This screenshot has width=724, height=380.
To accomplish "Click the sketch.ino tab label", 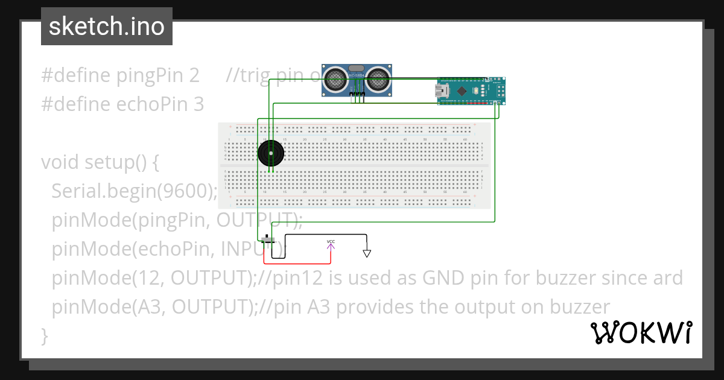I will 106,27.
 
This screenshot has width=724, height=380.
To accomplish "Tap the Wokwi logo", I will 641,332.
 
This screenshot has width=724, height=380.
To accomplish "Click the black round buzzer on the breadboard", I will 270,154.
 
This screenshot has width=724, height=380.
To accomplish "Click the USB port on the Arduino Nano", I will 443,91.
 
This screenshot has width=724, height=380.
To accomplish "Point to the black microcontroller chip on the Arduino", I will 462,91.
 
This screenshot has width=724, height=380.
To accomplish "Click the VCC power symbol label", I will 331,242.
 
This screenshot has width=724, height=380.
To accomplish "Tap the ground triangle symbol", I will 366,253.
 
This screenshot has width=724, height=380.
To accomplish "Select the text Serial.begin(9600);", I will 134,191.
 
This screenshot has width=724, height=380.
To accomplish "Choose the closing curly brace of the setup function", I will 44,335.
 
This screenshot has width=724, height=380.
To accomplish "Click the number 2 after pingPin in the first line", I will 194,75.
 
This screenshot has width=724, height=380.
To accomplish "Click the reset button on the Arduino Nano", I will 476,91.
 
